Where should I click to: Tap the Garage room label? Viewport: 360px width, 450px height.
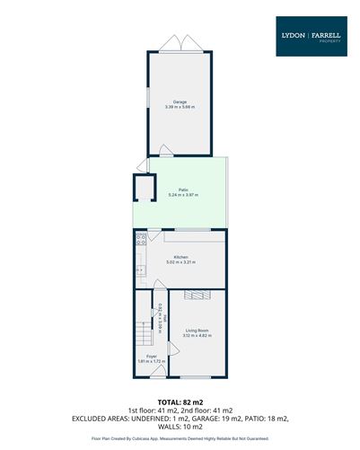pos(180,101)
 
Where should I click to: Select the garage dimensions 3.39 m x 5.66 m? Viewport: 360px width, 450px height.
pos(180,107)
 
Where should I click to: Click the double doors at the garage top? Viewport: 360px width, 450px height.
pos(176,43)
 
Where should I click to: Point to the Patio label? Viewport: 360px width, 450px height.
pos(182,190)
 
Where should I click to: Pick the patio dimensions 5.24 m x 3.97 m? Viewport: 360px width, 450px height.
pos(182,195)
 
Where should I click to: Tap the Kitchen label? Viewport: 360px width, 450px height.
pos(180,257)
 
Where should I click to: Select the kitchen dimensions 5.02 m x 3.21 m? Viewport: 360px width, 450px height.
pos(180,262)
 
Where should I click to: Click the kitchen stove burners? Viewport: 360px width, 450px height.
pos(139,240)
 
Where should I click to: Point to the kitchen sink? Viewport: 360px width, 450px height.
pos(138,268)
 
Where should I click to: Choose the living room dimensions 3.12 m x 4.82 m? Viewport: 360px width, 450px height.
pos(198,337)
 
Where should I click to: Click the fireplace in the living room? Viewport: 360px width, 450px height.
pos(198,294)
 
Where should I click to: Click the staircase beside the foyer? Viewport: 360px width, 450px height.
pos(144,337)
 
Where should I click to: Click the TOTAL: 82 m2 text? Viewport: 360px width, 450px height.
pos(180,401)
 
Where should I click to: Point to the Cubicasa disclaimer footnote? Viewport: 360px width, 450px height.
pos(180,438)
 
